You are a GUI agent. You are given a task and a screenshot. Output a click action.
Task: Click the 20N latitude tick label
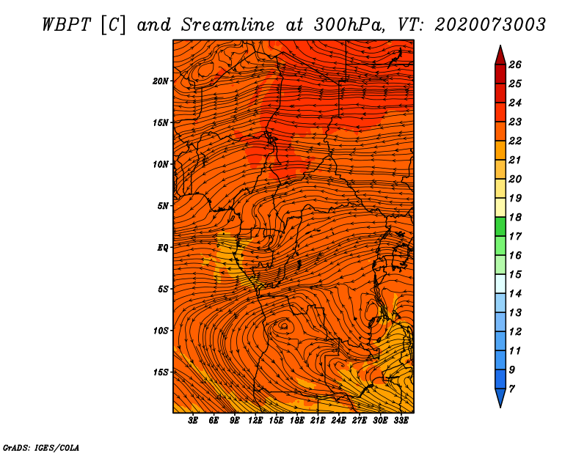click(x=161, y=81)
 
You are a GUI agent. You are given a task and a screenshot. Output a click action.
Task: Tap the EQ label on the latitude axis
click(x=163, y=248)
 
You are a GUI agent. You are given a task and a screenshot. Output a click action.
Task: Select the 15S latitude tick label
click(x=161, y=372)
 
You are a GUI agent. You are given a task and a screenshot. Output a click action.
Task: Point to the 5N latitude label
click(x=163, y=206)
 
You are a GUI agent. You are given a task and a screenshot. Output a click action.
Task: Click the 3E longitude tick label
click(x=193, y=421)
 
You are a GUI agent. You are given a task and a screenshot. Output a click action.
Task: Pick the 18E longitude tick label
click(x=297, y=421)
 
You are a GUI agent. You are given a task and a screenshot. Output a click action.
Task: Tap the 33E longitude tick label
click(x=401, y=421)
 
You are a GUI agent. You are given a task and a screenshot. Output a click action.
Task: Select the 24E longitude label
click(x=338, y=421)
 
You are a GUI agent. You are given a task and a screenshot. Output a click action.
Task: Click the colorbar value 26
click(x=515, y=65)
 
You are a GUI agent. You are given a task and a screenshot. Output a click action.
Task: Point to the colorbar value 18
click(x=515, y=217)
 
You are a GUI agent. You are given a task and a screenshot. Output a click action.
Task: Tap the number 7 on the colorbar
click(x=511, y=389)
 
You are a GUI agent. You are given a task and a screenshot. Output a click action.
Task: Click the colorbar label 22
click(x=515, y=141)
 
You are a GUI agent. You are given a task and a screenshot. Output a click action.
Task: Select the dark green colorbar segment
click(x=500, y=226)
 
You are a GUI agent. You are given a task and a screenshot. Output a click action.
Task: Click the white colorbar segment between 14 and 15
click(x=500, y=284)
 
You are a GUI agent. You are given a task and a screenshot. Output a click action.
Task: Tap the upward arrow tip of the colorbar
click(x=500, y=45)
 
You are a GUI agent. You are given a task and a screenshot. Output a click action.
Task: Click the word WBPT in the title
click(x=66, y=25)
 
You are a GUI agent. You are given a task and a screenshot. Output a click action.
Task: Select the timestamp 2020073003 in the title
click(x=490, y=25)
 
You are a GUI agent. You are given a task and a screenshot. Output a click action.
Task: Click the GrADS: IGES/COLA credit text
click(x=41, y=448)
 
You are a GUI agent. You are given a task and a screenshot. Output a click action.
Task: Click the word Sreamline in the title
click(x=228, y=25)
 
